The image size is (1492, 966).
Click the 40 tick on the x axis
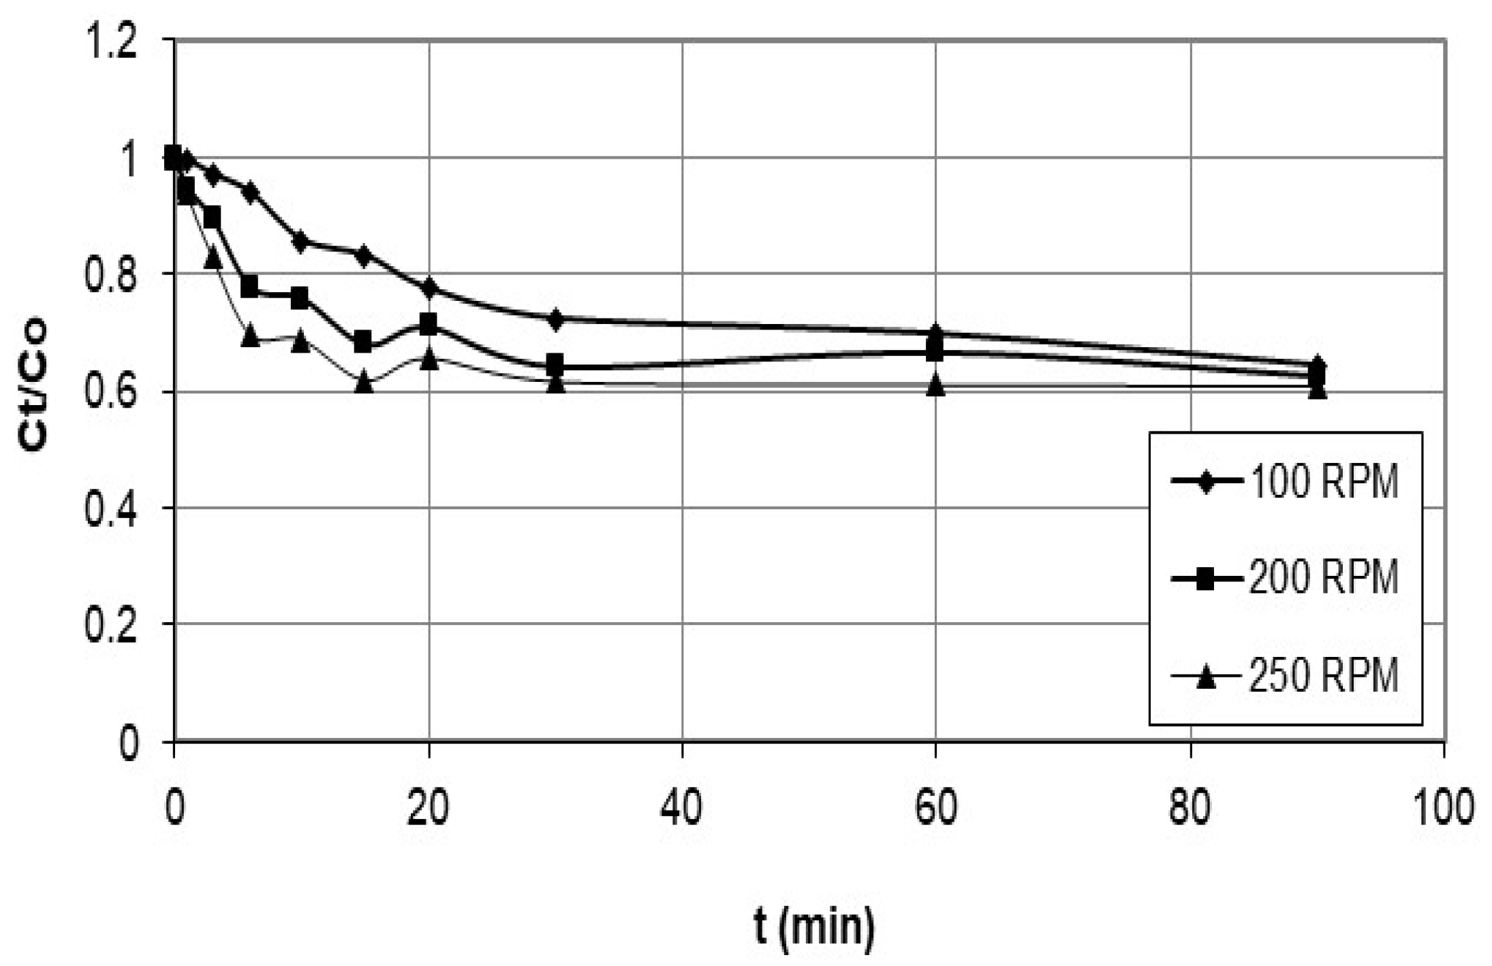[x=682, y=808]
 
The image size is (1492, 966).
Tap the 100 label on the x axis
[x=1442, y=808]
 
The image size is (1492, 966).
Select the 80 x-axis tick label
[x=1190, y=808]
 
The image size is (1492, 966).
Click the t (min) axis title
[x=814, y=927]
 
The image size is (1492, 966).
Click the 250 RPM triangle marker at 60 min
[x=936, y=385]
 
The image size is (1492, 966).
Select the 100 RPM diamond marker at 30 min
[x=556, y=319]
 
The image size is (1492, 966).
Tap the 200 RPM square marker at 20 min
[x=429, y=324]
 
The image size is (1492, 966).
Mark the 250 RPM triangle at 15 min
[x=364, y=382]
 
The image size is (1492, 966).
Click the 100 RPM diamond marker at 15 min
[x=364, y=255]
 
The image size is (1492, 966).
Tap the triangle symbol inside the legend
[x=1206, y=677]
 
